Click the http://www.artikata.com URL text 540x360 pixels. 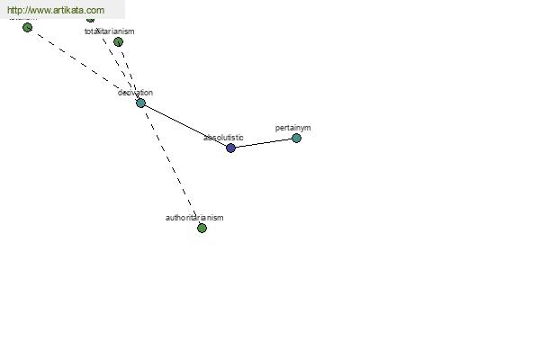(x=56, y=10)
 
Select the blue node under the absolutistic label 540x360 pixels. (x=230, y=148)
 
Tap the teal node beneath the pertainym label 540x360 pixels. (x=296, y=138)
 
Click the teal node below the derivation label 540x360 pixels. (x=140, y=103)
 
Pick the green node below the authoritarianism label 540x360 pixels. (x=202, y=228)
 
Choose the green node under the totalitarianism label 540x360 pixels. (x=118, y=41)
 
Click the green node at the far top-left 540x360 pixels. (x=27, y=27)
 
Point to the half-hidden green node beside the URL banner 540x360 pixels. (x=90, y=19)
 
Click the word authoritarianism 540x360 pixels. (x=194, y=218)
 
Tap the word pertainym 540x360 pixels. (x=293, y=128)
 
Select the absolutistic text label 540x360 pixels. (x=223, y=138)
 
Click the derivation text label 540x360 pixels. (x=135, y=93)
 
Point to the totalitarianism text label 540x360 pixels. (x=110, y=31)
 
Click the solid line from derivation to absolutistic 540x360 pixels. (x=185, y=125)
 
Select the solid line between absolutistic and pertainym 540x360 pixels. (x=263, y=143)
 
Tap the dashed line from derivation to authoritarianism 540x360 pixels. (x=171, y=166)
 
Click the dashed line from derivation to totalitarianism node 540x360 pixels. (x=130, y=72)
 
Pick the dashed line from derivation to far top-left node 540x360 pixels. (x=84, y=65)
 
